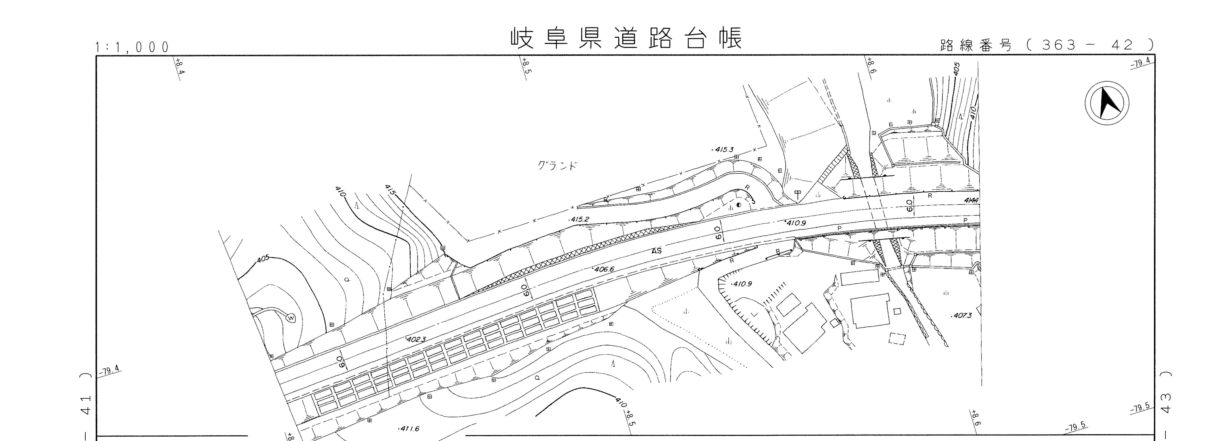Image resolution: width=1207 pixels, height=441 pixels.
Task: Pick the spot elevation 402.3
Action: click(415, 339)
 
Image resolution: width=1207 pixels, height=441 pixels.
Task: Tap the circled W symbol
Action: click(291, 318)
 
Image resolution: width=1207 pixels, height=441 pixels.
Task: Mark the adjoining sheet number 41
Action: click(85, 405)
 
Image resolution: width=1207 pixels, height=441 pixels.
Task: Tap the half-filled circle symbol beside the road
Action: click(739, 205)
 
